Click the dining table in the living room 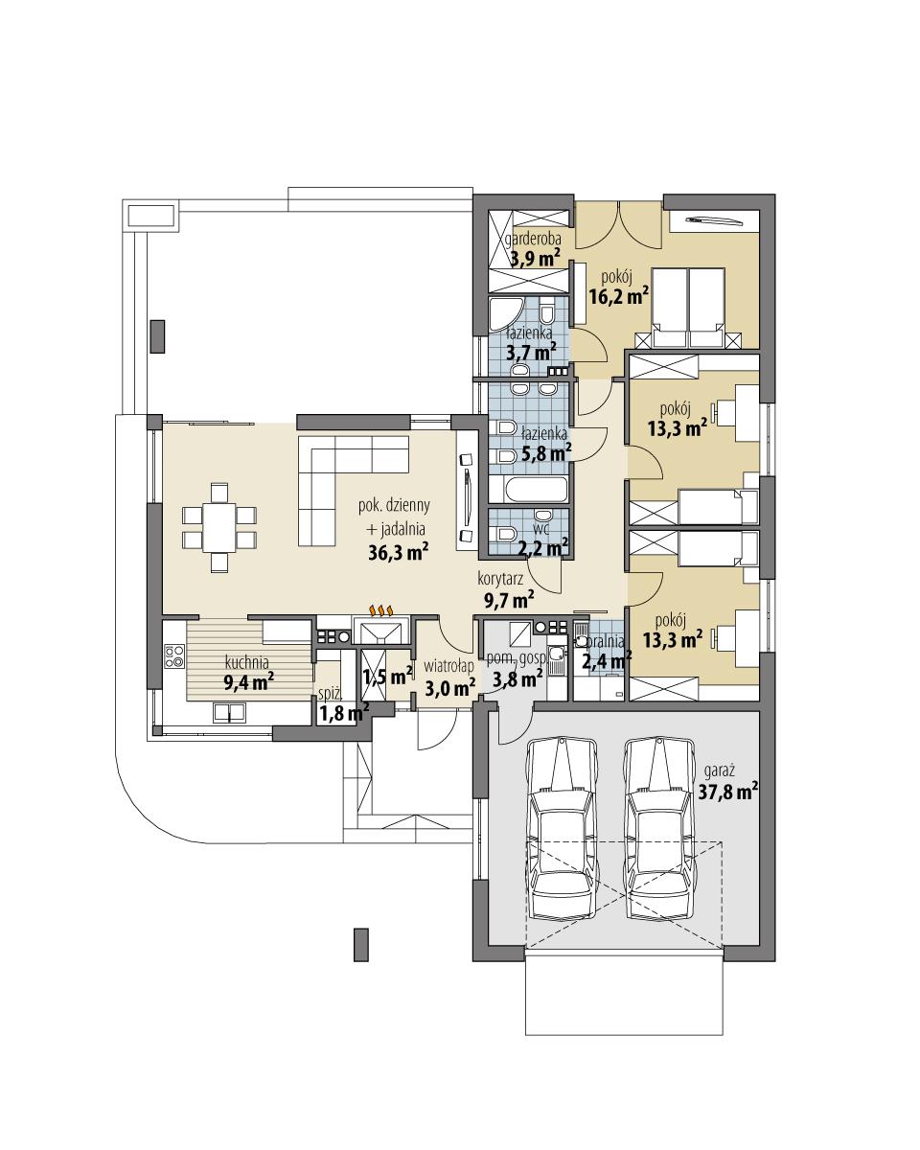pos(219,527)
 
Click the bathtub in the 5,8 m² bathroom pos(528,490)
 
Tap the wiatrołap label pos(448,666)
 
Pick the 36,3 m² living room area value pos(398,551)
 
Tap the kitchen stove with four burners pos(174,656)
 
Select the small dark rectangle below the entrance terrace pos(361,943)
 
